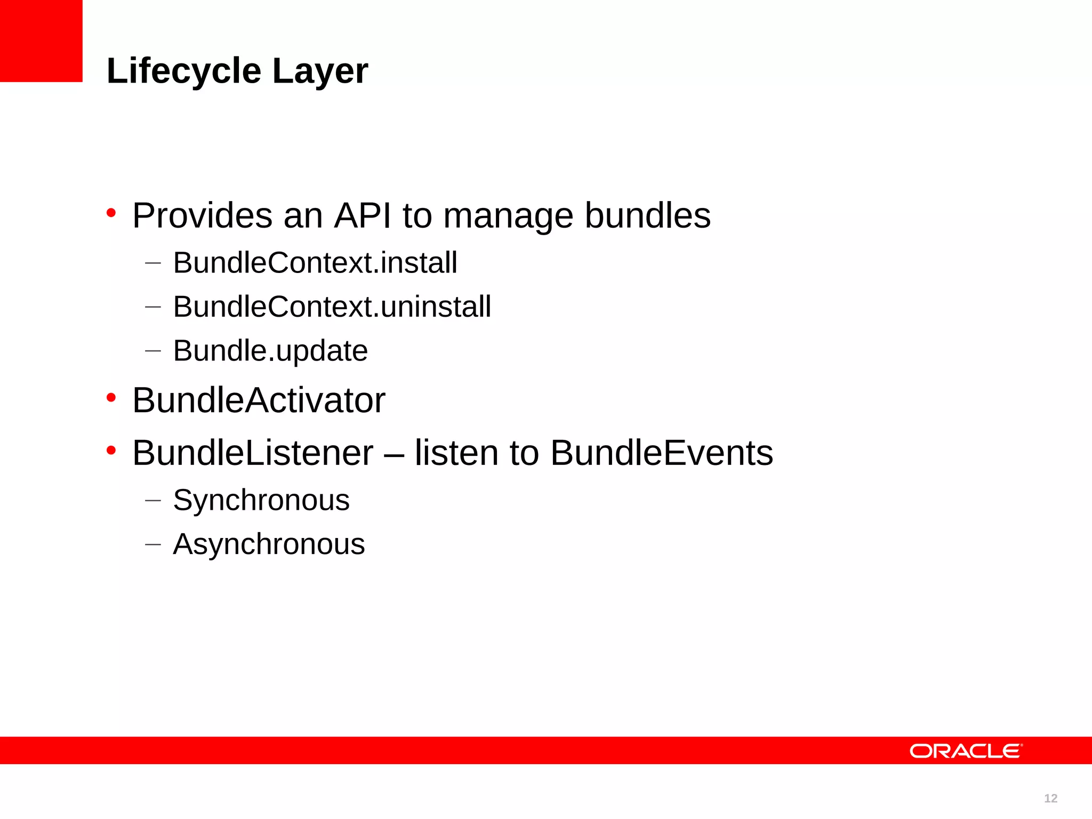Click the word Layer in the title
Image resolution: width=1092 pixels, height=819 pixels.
[x=320, y=71]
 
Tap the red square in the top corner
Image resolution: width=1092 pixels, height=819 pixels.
[x=41, y=41]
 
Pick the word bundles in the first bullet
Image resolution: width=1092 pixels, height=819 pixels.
[x=647, y=215]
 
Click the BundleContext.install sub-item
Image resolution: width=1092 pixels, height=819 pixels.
[x=315, y=262]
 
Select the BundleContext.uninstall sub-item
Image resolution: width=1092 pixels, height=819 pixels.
[x=332, y=307]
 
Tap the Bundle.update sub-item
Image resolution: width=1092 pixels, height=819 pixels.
[x=270, y=351]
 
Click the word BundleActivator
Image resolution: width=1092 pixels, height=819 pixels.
[x=259, y=400]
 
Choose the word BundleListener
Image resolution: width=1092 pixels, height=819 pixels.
[x=253, y=453]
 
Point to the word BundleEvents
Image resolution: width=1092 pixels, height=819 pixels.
[x=661, y=453]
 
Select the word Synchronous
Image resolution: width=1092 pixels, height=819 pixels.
[x=261, y=501]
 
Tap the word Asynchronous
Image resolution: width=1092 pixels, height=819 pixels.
[x=269, y=544]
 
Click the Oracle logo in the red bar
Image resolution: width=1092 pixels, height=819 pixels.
[x=966, y=751]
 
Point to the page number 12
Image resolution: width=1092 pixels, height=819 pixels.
[x=1050, y=798]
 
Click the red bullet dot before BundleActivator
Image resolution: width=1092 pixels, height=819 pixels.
[x=111, y=398]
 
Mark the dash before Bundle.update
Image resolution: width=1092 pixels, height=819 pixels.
[x=152, y=351]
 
